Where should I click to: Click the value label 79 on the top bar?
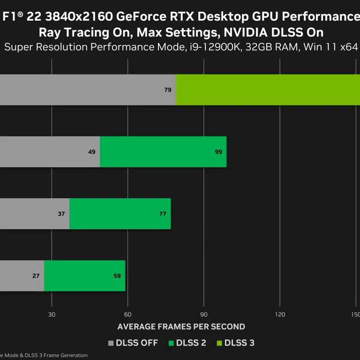168,90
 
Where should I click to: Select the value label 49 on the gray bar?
91,152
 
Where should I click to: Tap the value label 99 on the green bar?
218,152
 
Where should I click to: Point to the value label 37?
61,214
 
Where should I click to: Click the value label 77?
163,214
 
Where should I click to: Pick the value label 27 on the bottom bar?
36,276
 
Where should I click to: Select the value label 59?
117,276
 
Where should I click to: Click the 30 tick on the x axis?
52,315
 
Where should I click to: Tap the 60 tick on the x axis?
127,315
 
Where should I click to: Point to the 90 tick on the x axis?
204,315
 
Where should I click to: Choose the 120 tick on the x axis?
280,315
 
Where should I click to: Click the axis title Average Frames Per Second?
181,327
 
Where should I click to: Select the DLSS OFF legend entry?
133,343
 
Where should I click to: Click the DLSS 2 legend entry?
187,343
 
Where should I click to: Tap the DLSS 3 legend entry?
235,343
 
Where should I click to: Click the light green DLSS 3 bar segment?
267,90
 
